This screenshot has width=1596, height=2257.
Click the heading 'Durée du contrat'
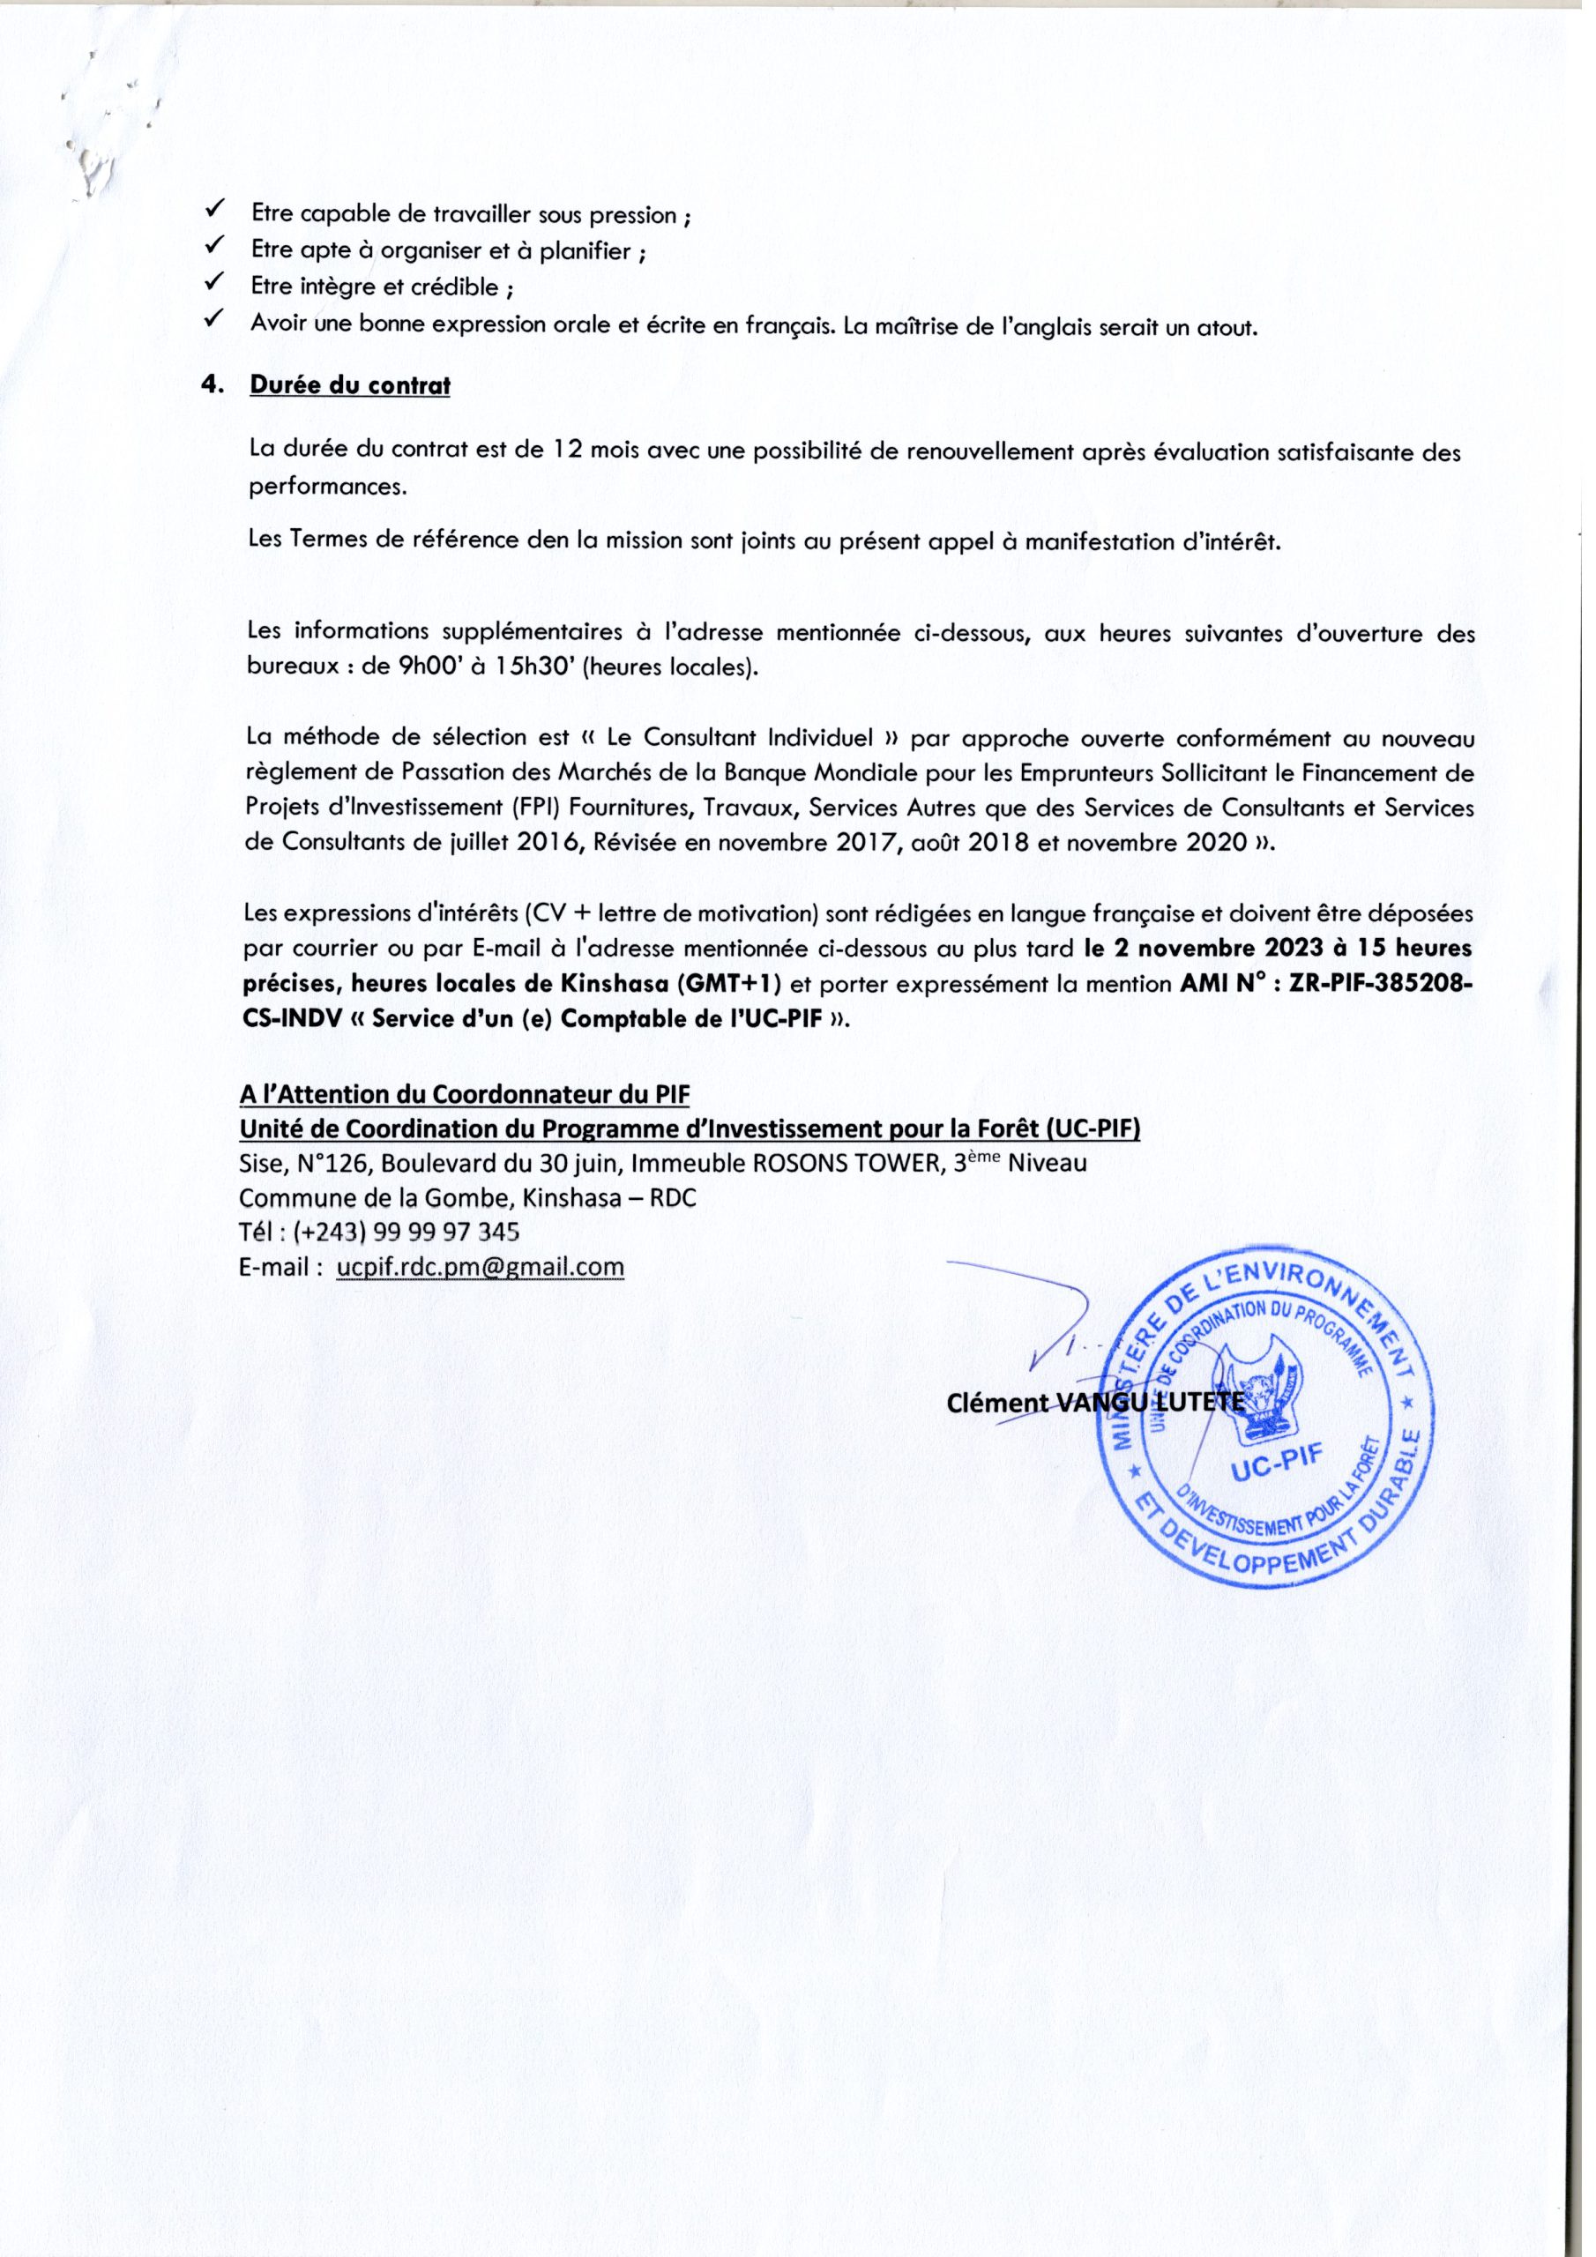(x=350, y=385)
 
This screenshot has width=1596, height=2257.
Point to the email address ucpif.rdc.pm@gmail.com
(x=480, y=1266)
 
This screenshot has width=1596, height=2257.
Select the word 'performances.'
(x=327, y=487)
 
